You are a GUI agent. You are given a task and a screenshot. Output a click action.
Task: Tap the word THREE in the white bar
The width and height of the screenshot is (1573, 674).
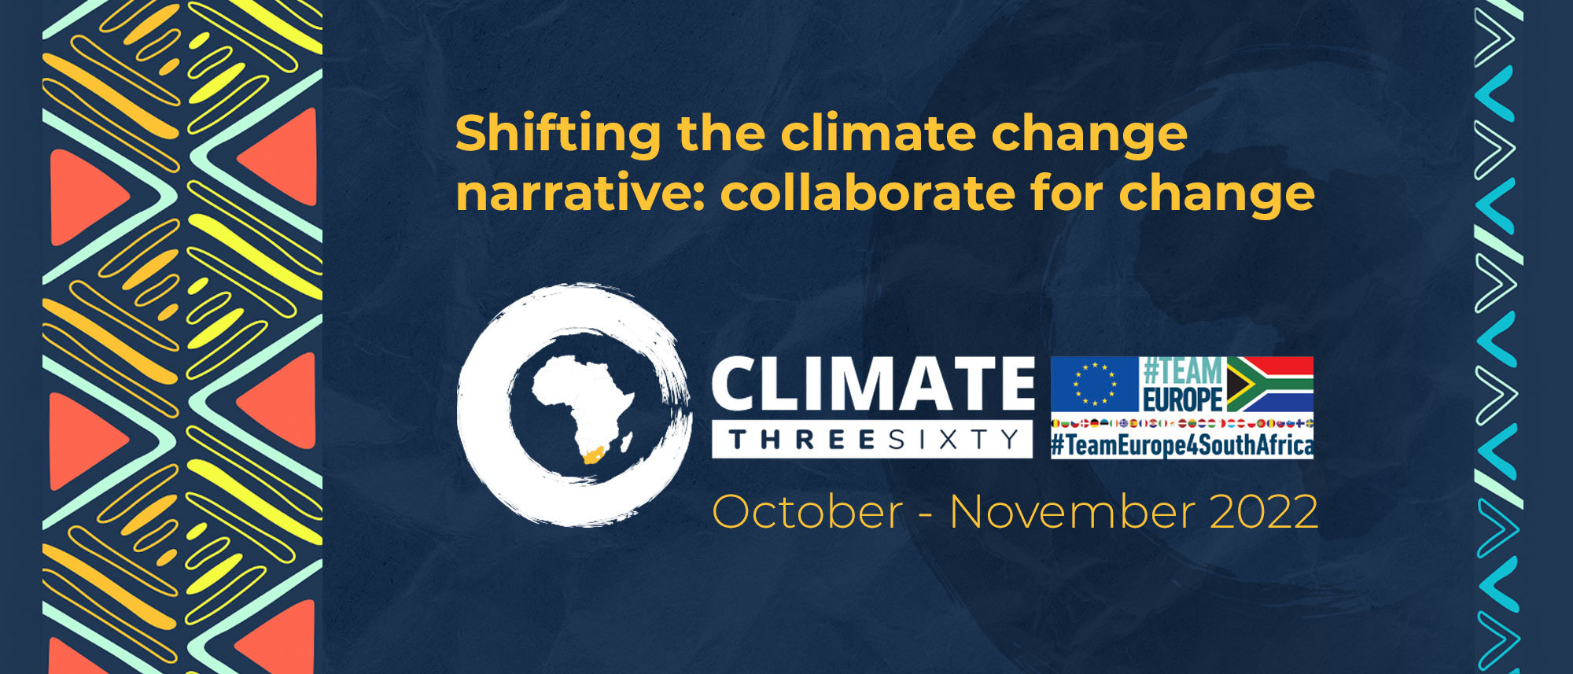pyautogui.click(x=801, y=440)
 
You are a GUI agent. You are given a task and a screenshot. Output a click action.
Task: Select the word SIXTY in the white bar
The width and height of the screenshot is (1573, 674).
pyautogui.click(x=954, y=440)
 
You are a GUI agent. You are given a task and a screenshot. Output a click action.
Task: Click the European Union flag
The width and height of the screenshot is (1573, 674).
pyautogui.click(x=1095, y=384)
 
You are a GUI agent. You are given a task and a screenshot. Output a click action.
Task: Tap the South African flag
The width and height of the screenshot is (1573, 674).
pyautogui.click(x=1270, y=384)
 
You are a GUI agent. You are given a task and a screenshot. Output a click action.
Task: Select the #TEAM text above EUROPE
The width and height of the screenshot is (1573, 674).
pyautogui.click(x=1182, y=370)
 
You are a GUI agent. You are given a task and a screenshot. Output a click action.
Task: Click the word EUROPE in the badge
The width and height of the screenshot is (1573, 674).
pyautogui.click(x=1182, y=399)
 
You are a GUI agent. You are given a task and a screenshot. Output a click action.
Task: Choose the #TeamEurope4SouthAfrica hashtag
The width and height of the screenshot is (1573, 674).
pyautogui.click(x=1182, y=446)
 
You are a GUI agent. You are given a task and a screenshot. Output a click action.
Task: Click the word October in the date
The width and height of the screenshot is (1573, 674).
pyautogui.click(x=807, y=512)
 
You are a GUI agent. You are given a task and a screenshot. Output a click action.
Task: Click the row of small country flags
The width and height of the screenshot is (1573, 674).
pyautogui.click(x=1182, y=423)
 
